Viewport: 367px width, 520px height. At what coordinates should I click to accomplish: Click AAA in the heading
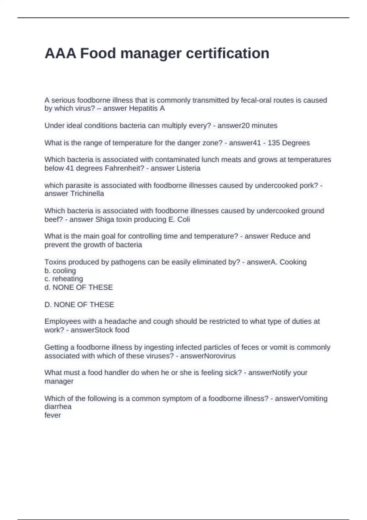[60, 54]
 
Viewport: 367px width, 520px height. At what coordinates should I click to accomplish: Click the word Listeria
[188, 168]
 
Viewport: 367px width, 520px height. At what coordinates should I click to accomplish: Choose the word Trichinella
[87, 194]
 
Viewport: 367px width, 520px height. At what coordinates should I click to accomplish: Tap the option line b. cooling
[60, 271]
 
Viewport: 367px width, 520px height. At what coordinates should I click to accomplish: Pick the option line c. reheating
[64, 279]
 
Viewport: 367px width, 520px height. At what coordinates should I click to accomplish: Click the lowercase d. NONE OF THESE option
[79, 287]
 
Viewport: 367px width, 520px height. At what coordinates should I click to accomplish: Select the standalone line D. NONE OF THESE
[79, 305]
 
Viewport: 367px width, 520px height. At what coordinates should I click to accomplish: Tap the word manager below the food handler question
[59, 381]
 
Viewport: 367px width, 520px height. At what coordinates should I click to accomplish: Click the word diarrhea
[58, 407]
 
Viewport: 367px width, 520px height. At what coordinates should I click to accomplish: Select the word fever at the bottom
[53, 415]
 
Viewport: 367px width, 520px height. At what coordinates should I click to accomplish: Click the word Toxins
[54, 262]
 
